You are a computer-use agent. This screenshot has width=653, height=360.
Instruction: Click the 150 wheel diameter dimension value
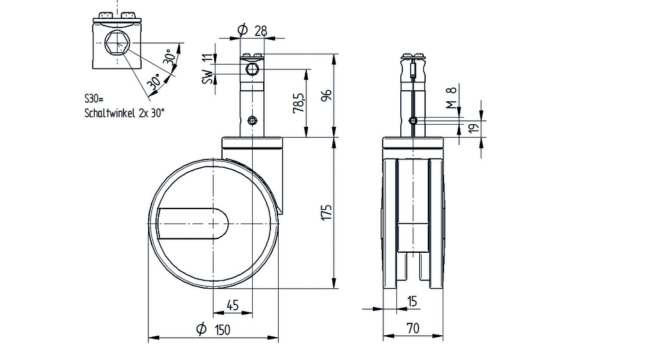pos(223,330)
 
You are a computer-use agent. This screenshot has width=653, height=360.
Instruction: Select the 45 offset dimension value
pos(232,305)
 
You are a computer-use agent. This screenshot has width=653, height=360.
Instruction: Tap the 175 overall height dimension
pos(327,212)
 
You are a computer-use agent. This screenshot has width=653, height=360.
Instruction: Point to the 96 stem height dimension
pos(327,95)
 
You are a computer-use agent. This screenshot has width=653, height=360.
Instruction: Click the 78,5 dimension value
pos(299,103)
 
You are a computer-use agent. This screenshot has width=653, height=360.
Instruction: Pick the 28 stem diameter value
pos(261,31)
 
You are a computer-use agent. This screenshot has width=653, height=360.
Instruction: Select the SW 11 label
pos(208,69)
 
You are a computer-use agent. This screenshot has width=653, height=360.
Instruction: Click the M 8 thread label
pos(451,97)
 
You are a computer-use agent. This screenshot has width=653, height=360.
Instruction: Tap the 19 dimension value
pos(474,127)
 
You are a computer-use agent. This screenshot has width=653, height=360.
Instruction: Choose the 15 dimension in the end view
pos(412,301)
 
